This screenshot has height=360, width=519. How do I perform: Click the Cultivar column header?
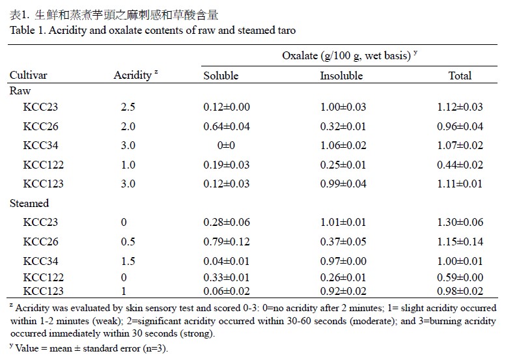tap(29, 75)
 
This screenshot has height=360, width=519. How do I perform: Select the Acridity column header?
tap(133, 76)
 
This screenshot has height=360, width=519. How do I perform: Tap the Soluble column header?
tap(221, 76)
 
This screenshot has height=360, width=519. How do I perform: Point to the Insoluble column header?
tap(341, 76)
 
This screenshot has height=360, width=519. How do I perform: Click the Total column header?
tap(460, 76)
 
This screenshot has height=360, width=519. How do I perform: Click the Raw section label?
tap(20, 90)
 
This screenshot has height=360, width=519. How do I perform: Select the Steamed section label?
tap(29, 203)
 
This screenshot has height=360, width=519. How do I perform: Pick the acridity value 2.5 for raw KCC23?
tap(128, 107)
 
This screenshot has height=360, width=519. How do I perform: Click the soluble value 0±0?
tap(226, 145)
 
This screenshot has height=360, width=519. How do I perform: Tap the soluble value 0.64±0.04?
tap(227, 126)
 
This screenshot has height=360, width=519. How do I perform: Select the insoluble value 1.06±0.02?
tap(343, 145)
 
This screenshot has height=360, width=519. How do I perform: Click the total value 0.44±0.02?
tap(460, 165)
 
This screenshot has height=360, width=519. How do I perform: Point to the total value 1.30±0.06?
tap(460, 222)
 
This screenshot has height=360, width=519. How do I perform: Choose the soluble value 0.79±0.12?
tap(227, 242)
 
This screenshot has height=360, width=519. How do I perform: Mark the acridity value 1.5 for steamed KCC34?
tap(128, 261)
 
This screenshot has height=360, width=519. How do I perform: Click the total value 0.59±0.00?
tap(460, 277)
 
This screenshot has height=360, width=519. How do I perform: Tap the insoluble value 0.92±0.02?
tap(343, 291)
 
